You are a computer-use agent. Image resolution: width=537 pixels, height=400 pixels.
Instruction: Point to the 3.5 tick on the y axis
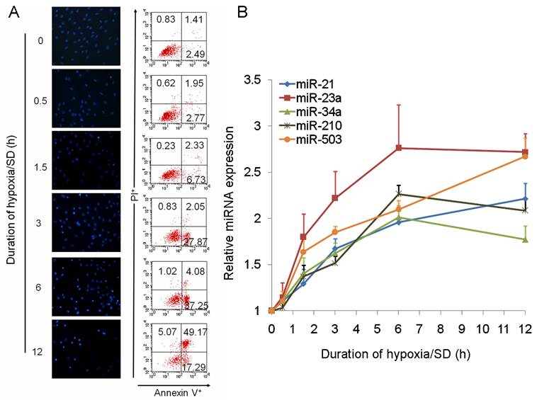pyautogui.click(x=253, y=80)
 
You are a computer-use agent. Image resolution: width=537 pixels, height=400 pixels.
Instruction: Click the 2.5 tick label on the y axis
pyautogui.click(x=253, y=172)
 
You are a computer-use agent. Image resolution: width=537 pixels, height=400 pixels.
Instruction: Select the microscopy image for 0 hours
pyautogui.click(x=85, y=35)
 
